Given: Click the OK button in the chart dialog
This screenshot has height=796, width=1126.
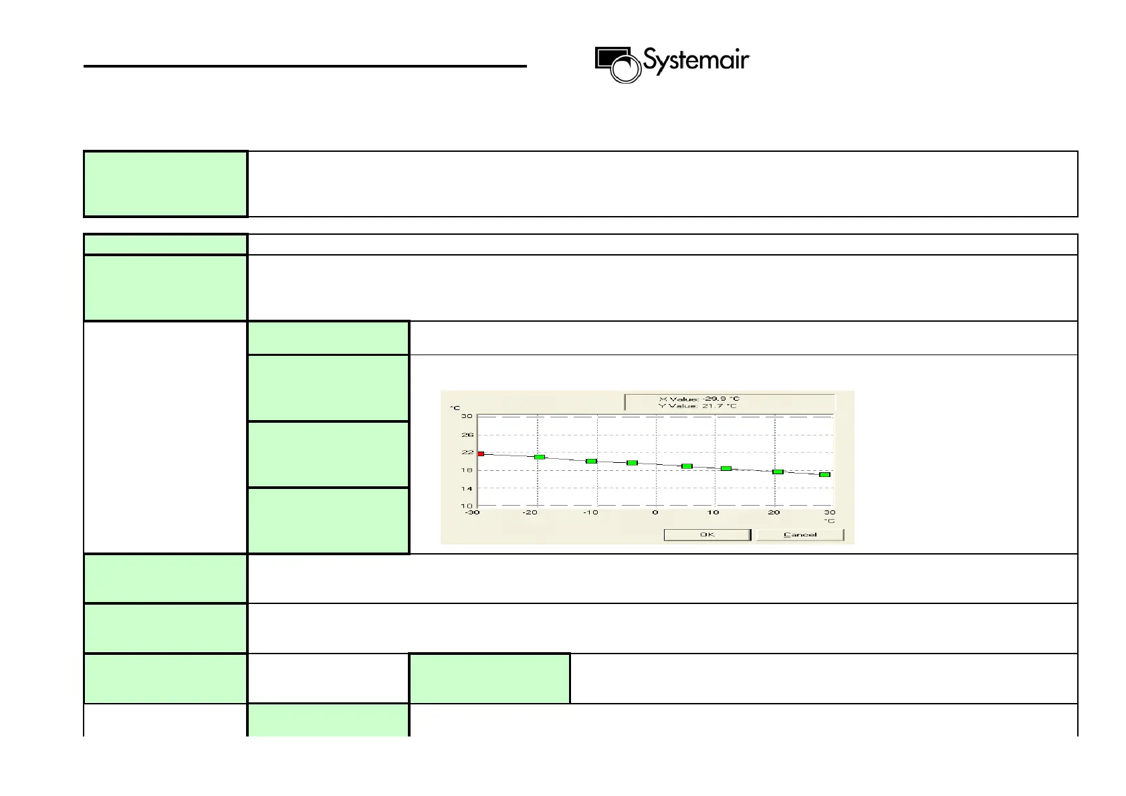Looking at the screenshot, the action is tap(707, 534).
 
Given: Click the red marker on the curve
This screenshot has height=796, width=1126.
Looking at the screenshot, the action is tap(480, 454).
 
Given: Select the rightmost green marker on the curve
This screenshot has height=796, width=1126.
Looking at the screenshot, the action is tap(824, 474).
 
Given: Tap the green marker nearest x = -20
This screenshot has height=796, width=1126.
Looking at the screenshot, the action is tap(539, 457).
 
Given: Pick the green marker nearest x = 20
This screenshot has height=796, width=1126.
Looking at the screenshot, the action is tap(778, 472).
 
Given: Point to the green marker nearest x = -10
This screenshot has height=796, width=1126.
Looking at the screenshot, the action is tap(591, 461).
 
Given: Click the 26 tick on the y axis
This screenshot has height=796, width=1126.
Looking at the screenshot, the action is tap(467, 435).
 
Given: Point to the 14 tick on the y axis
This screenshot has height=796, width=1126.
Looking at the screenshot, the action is tap(467, 488).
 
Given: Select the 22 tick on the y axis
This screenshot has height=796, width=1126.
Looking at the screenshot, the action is tap(467, 452).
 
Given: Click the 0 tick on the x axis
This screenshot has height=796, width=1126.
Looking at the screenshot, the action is tap(655, 512).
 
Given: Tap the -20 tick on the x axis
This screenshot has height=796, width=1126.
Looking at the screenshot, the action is tap(530, 512).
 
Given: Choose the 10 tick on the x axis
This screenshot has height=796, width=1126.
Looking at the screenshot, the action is tap(713, 512).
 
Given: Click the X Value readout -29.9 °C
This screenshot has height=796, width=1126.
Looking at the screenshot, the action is tap(699, 399).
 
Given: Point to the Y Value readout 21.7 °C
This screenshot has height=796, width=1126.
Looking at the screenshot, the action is tap(699, 406).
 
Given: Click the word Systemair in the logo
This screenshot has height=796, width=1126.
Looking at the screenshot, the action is tap(696, 61).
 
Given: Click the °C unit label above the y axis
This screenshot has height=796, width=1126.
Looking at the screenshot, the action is tap(455, 407).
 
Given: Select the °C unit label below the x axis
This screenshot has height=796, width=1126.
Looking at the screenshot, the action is tap(829, 520).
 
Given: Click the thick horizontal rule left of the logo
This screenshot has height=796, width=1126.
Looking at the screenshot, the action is tap(305, 66).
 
